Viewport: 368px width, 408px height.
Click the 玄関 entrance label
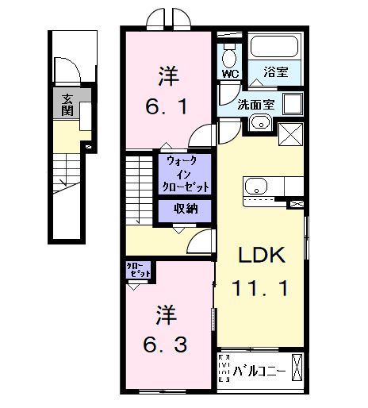[68, 104]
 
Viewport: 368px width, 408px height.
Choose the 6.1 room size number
[167, 106]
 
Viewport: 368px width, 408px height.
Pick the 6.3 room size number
[167, 345]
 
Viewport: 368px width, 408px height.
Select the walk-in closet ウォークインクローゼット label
[186, 174]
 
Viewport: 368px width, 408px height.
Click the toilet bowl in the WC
[230, 56]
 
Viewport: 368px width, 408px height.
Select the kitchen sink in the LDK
[255, 187]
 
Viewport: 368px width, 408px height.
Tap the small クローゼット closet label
[137, 271]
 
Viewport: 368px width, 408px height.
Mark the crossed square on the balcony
[297, 368]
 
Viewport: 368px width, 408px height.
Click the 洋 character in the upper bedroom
[167, 77]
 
